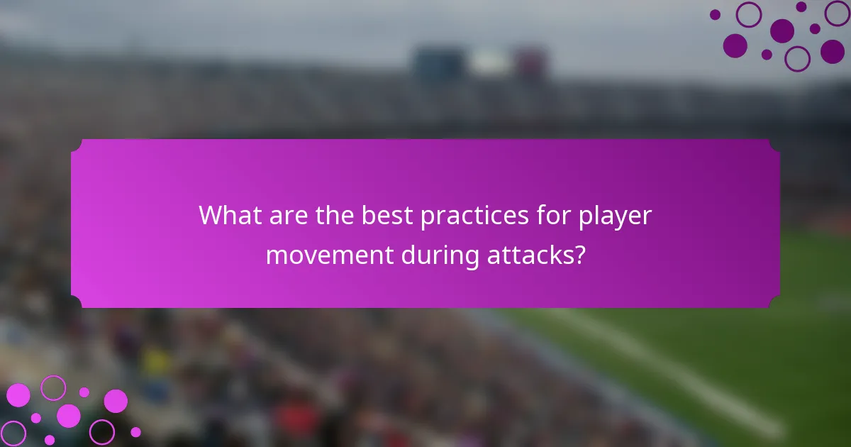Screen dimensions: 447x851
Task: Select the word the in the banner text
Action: click(333, 215)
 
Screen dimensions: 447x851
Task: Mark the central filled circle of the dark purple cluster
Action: click(782, 31)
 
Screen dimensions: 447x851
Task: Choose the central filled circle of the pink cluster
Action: click(69, 416)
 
